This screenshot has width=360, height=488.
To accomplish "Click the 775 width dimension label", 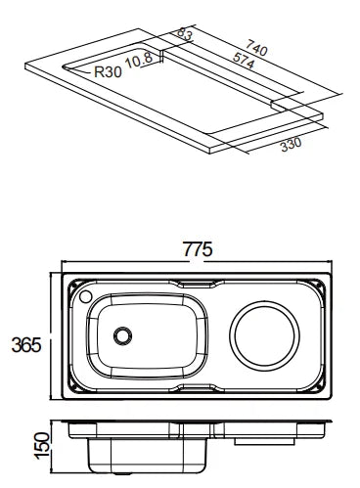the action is pos(198,249).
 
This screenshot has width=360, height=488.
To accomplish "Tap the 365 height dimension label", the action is pos(26,345).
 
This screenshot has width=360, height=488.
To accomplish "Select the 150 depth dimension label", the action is pos(42,446).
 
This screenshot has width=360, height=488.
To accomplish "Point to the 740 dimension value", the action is pos(256,48).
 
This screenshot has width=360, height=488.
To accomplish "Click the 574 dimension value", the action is pos(244,61).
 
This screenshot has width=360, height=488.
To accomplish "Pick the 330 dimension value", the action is pos(292,144).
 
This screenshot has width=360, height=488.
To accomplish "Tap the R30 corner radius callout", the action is pos(108,71).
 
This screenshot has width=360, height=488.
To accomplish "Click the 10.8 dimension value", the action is pos(139,60).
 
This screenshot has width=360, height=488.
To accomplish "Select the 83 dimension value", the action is pos(185,34).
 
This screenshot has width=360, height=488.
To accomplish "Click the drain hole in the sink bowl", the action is pos(122,335).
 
